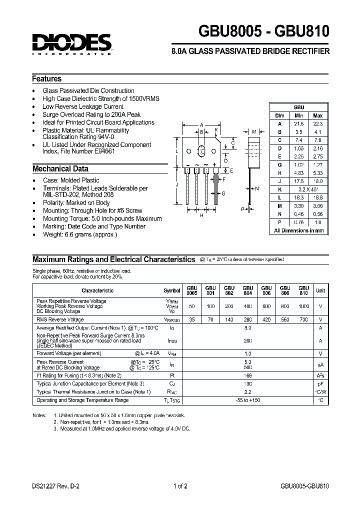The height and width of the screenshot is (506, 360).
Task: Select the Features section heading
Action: pyautogui.click(x=47, y=79)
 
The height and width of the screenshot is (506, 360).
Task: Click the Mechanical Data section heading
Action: pyautogui.click(x=60, y=169)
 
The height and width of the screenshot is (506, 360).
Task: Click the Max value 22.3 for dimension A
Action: pyautogui.click(x=317, y=123)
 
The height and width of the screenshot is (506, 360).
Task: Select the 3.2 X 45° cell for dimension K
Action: pyautogui.click(x=308, y=190)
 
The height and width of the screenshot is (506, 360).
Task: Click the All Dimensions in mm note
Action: pyautogui.click(x=299, y=230)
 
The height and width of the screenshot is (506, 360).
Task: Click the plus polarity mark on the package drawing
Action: pyautogui.click(x=214, y=164)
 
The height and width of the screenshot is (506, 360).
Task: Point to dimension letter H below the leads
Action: pyautogui.click(x=201, y=215)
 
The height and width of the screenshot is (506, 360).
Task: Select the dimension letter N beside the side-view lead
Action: pyautogui.click(x=257, y=188)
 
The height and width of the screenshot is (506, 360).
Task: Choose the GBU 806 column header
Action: pyautogui.click(x=266, y=290)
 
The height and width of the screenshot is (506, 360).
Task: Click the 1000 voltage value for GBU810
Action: pyautogui.click(x=303, y=306)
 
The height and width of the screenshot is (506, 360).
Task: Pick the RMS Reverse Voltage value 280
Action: pyautogui.click(x=247, y=319)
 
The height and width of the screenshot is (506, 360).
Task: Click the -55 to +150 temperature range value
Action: pyautogui.click(x=247, y=400)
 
